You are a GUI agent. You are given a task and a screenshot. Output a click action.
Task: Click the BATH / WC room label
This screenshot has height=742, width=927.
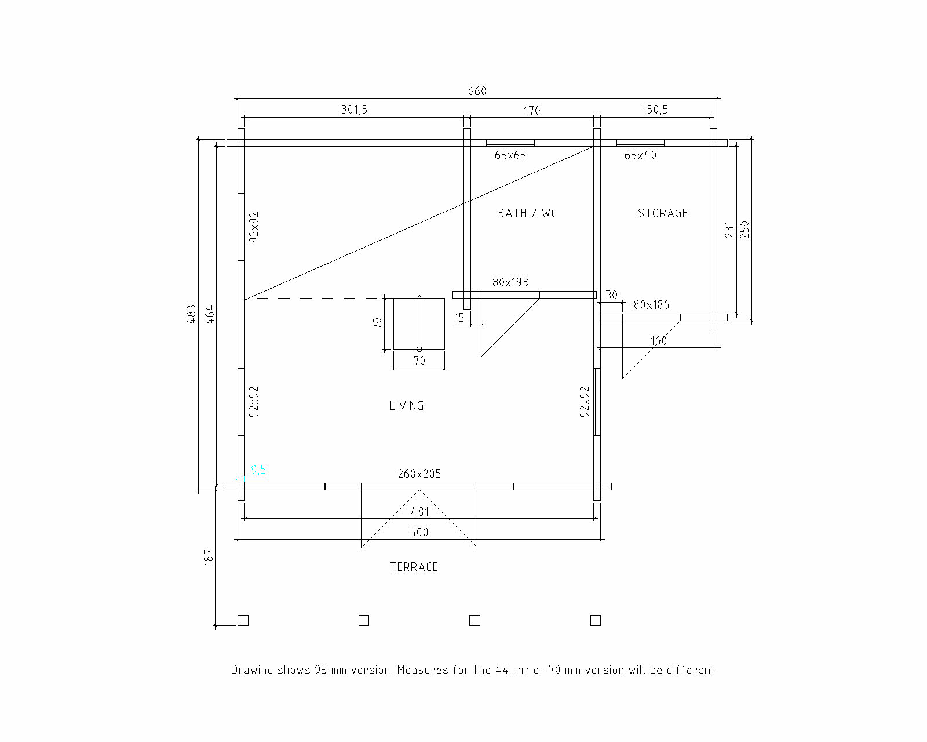(527, 213)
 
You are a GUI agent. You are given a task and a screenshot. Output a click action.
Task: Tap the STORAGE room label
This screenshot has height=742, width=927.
(662, 213)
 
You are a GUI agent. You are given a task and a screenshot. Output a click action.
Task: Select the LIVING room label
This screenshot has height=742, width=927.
(406, 406)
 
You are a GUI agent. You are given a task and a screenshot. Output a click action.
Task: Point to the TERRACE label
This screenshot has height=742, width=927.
(414, 567)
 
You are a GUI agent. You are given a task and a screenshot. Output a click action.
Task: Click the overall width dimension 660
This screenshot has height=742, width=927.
(477, 91)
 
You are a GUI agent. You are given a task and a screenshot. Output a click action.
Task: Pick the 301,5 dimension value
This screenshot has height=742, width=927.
(354, 110)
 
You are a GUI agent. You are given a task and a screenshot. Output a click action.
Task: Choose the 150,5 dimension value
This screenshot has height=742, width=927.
(655, 110)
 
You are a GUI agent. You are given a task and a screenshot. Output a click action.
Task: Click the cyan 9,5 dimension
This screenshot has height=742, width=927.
(258, 470)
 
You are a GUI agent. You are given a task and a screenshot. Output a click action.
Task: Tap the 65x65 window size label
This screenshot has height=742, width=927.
(510, 155)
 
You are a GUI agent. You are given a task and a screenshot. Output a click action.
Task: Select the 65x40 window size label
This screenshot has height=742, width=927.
(640, 155)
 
